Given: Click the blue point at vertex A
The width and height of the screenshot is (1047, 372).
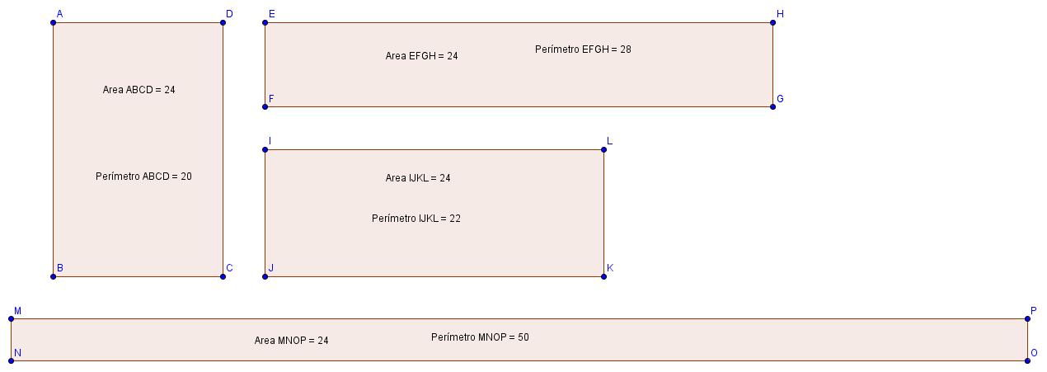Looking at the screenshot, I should click(x=54, y=22).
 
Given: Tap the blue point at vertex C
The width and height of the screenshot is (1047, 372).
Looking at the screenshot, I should click(x=223, y=276).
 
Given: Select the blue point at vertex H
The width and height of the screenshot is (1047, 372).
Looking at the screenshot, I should click(x=772, y=22).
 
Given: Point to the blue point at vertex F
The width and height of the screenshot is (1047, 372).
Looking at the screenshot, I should click(x=265, y=106).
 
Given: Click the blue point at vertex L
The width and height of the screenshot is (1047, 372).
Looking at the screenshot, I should click(x=603, y=149).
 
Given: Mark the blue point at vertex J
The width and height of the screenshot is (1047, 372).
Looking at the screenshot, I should click(x=265, y=276).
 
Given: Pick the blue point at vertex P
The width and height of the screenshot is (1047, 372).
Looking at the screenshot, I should click(x=1027, y=318).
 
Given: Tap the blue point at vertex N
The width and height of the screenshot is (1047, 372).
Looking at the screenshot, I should click(x=12, y=360).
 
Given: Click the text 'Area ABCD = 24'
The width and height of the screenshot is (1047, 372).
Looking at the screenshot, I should click(x=139, y=90).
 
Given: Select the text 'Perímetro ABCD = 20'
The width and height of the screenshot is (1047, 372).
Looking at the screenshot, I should click(x=143, y=177).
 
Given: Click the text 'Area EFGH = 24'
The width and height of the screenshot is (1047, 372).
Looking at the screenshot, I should click(x=421, y=56).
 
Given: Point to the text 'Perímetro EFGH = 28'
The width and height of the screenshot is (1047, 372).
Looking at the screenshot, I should click(x=583, y=49).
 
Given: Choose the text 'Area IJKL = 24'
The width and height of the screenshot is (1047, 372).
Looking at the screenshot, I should click(x=418, y=178).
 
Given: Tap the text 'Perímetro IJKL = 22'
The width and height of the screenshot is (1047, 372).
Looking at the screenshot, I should click(x=416, y=219).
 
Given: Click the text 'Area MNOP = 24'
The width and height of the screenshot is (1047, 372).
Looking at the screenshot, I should click(x=291, y=341).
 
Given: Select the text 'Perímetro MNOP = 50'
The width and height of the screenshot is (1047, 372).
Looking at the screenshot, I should click(x=480, y=337).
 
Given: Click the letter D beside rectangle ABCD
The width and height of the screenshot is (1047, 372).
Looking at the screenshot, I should click(x=229, y=14).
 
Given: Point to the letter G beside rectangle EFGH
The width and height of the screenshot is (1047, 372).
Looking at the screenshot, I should click(x=780, y=99).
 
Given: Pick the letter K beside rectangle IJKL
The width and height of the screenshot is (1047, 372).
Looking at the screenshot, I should click(x=610, y=268).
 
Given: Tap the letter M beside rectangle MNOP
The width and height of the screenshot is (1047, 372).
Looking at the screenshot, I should click(x=17, y=311).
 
